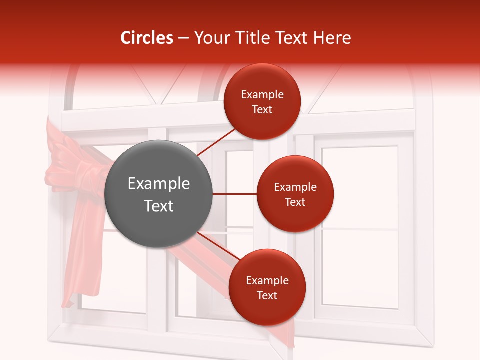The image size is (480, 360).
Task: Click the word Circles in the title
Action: tap(147, 38)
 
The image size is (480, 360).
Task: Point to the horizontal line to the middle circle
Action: tap(235, 194)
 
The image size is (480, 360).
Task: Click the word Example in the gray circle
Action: tap(159, 184)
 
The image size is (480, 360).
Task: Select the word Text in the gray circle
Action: tap(159, 206)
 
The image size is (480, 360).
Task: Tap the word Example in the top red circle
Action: tap(262, 95)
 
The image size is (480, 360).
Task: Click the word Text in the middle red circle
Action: tap(295, 202)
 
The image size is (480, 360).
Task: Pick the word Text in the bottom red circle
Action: tap(267, 295)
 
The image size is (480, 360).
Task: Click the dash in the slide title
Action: tap(183, 38)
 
